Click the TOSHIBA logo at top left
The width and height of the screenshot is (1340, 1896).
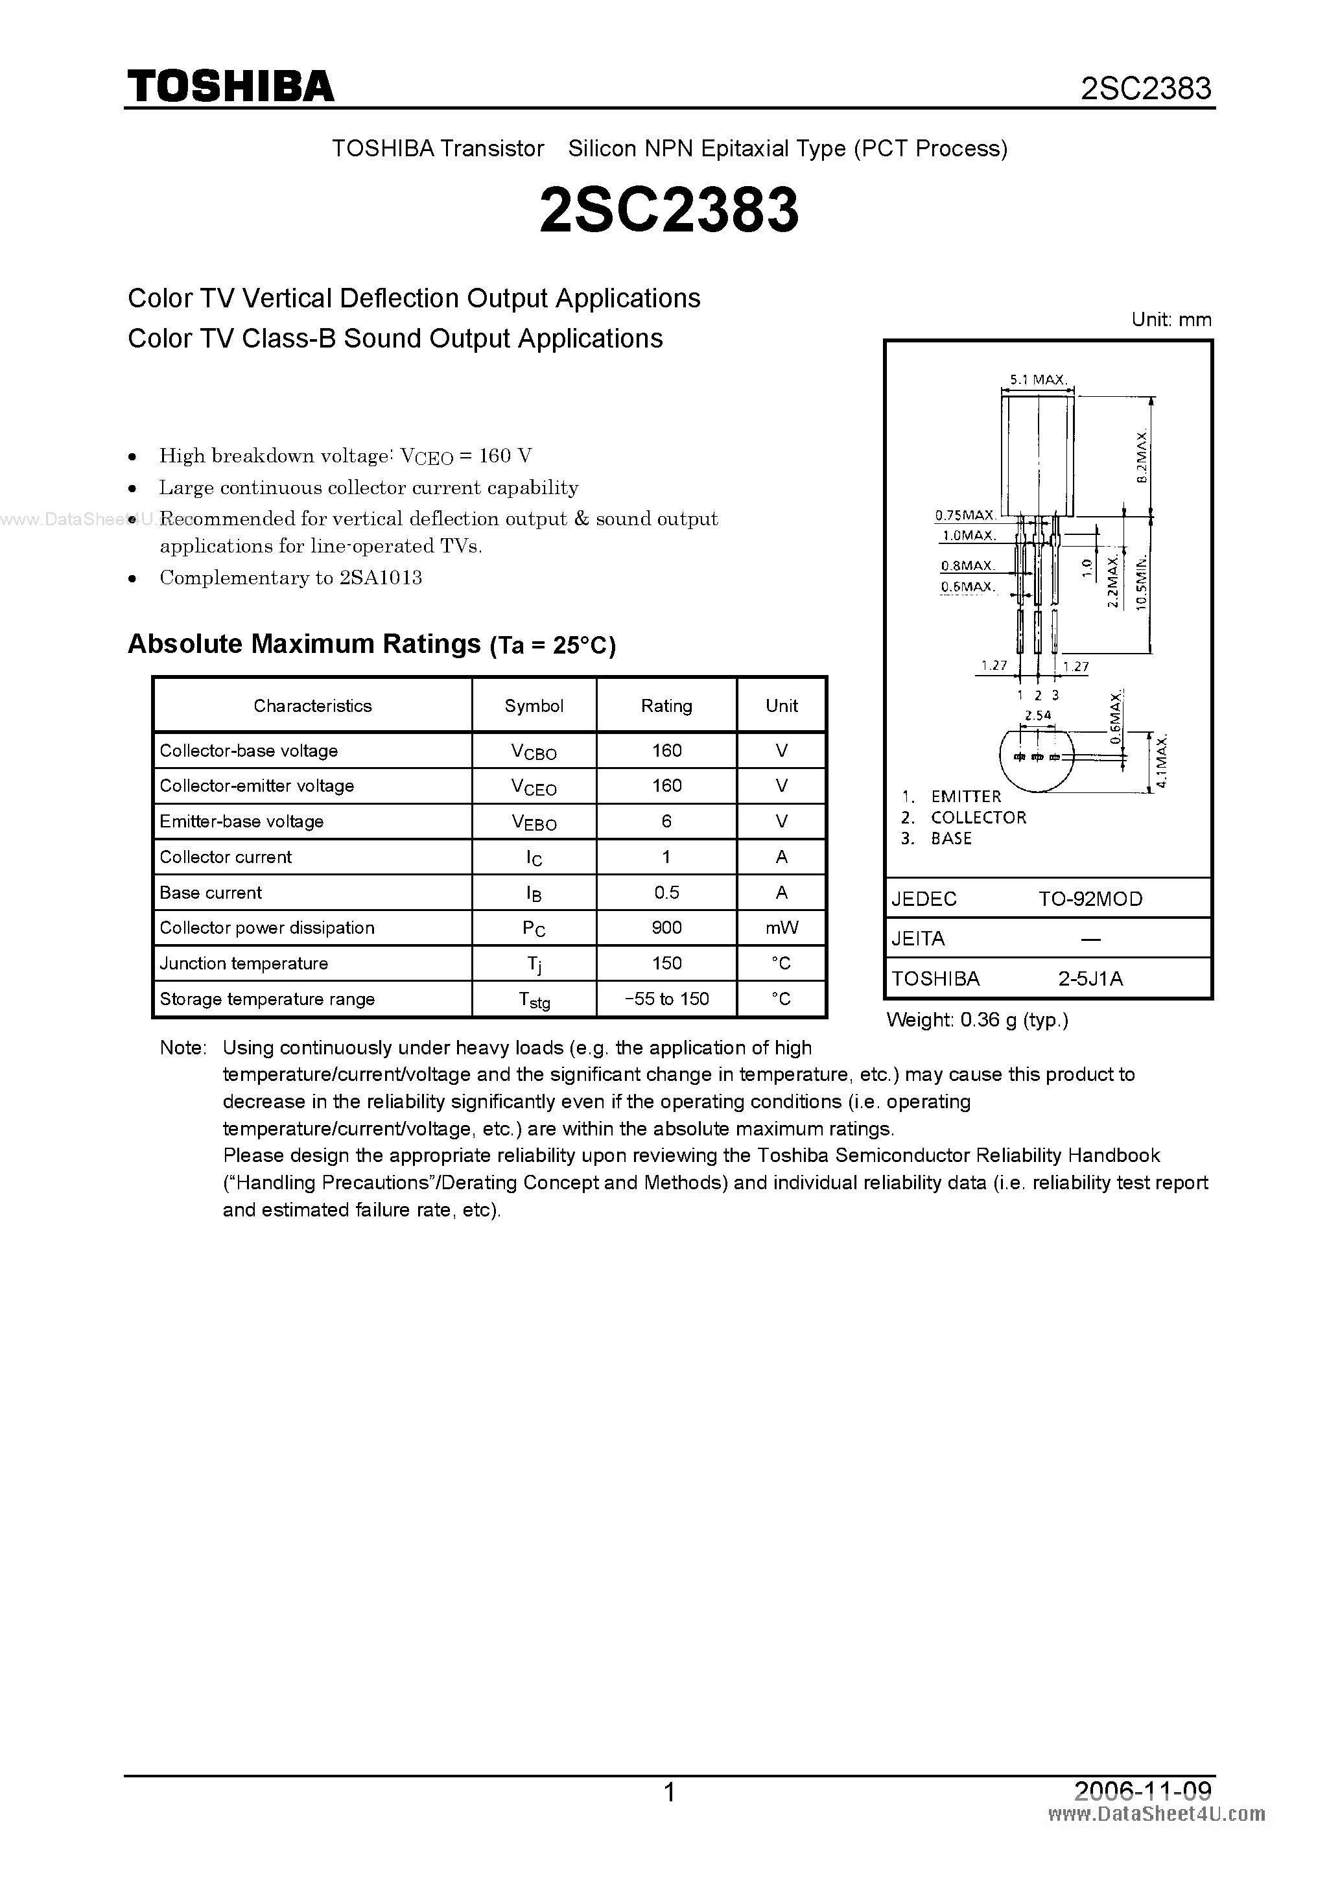(x=230, y=86)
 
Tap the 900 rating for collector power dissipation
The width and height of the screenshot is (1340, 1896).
(x=666, y=927)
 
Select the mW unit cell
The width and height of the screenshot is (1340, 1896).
(x=781, y=927)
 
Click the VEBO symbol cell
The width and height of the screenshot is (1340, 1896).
(x=534, y=822)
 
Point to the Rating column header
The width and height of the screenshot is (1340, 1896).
(x=666, y=705)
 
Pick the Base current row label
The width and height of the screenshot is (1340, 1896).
(x=211, y=892)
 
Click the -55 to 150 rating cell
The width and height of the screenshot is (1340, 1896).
(x=666, y=999)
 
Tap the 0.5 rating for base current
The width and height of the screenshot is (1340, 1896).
(x=666, y=892)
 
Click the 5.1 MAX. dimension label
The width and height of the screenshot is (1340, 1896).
(x=1037, y=380)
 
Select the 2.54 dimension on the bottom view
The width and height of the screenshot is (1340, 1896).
(x=1037, y=715)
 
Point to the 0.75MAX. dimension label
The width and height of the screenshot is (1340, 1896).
(x=965, y=515)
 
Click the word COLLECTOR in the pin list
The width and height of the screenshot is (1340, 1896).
(x=978, y=818)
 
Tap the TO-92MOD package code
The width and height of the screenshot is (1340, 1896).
(x=1090, y=899)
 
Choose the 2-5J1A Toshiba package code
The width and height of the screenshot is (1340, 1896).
(x=1090, y=978)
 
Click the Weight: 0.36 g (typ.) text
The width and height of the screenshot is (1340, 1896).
(x=977, y=1020)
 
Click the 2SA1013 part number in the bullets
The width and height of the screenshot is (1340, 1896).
(x=381, y=577)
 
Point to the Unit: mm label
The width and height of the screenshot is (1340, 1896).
(x=1171, y=320)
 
